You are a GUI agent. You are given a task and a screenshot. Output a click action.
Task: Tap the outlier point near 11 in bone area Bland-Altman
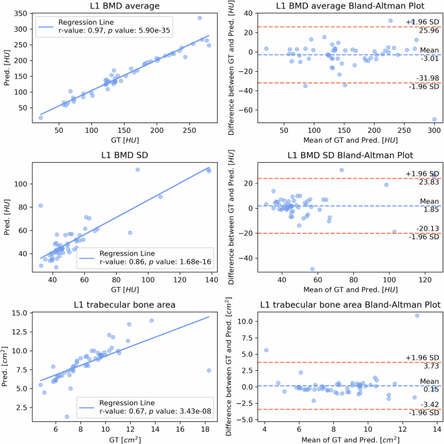pyautogui.click(x=417, y=316)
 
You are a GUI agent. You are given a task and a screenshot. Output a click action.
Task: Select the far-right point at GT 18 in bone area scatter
pyautogui.click(x=209, y=371)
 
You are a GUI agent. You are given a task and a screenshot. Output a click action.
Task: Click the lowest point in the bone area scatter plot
pyautogui.click(x=67, y=417)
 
